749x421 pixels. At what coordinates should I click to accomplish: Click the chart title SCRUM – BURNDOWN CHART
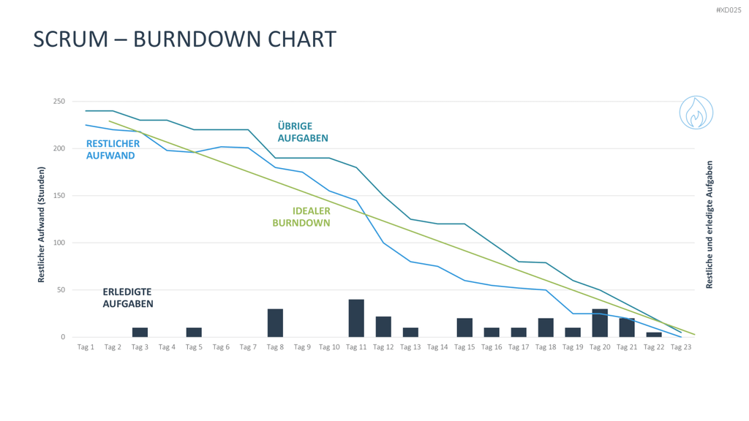pos(185,39)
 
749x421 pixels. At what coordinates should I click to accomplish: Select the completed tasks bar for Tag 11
pos(356,319)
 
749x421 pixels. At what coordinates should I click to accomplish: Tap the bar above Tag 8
pos(275,323)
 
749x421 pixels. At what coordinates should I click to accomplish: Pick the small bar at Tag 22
pos(654,335)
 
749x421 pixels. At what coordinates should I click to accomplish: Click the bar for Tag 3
pos(140,333)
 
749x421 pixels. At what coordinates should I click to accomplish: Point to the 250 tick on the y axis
pos(59,101)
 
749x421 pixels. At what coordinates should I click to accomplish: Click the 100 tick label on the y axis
pos(59,243)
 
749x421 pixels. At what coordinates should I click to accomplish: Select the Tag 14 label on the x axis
pos(437,347)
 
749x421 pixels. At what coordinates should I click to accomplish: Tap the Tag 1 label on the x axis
pos(86,347)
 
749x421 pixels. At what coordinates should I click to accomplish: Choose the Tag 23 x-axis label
pos(681,347)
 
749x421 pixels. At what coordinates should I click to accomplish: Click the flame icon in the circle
pos(696,113)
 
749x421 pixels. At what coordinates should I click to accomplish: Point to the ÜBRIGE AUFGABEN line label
pos(303,132)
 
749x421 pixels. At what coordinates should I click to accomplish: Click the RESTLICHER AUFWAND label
pos(113,149)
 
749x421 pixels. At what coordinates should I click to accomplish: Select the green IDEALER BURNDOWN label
pos(301,216)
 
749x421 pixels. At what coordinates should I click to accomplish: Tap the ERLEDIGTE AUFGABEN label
pos(128,298)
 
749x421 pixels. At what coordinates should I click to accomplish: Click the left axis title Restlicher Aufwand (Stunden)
pos(41,224)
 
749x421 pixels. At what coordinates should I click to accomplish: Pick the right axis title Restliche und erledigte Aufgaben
pos(710,224)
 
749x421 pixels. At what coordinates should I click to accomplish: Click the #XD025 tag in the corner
pos(729,10)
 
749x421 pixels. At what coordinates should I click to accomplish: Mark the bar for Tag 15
pos(464,327)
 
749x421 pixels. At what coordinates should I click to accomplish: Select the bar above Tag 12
pos(383,327)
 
